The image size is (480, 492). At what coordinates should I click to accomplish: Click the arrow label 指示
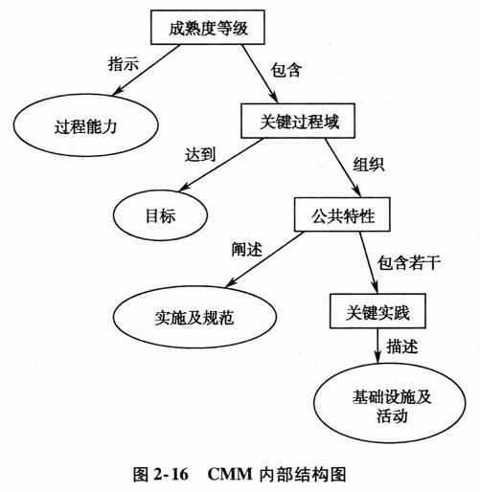tap(124, 64)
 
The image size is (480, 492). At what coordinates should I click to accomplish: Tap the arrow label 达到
tap(200, 154)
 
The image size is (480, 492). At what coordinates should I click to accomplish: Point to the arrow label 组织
tap(369, 165)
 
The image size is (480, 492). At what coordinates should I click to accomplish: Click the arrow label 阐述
tap(247, 249)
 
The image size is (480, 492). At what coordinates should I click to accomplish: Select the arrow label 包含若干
tap(409, 263)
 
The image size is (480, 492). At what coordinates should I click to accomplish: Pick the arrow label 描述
tap(402, 347)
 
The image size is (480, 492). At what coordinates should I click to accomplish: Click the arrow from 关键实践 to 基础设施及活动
tap(377, 346)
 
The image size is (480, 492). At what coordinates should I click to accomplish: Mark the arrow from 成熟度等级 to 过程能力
tap(147, 70)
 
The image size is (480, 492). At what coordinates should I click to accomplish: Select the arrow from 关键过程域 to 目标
tap(221, 165)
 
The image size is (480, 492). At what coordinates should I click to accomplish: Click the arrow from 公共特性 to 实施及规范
tap(265, 259)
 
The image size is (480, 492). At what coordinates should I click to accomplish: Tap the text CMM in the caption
tap(230, 474)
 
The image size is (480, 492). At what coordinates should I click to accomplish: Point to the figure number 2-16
tap(171, 474)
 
